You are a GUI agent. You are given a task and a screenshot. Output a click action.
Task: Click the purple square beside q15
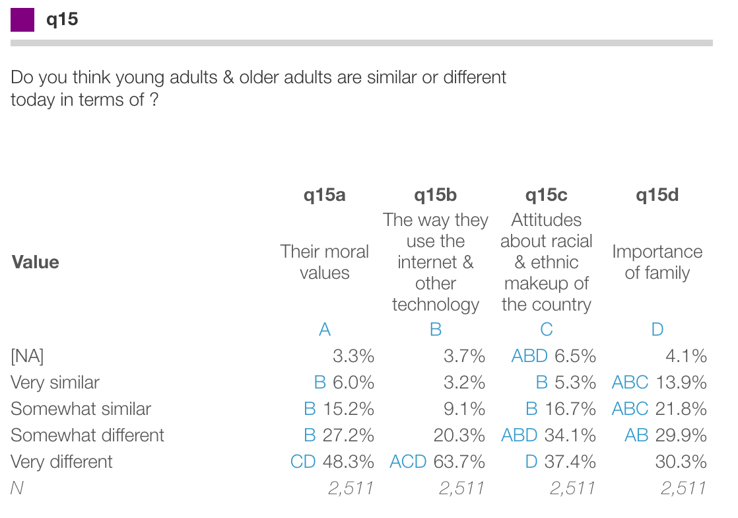click(22, 20)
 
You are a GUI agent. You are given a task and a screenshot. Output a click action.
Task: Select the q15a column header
click(324, 195)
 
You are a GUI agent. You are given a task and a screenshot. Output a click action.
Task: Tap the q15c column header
click(546, 195)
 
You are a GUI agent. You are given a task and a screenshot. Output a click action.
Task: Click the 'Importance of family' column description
click(657, 262)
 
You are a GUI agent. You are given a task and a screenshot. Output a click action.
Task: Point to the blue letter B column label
click(436, 330)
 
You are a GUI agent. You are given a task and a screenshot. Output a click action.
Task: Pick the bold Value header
click(36, 262)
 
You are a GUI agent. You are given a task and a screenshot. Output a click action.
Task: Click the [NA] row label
click(27, 356)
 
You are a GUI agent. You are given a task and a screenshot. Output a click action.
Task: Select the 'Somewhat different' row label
click(87, 435)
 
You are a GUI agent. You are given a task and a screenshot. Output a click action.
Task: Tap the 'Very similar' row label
click(55, 383)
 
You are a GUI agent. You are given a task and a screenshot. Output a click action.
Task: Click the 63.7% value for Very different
click(459, 462)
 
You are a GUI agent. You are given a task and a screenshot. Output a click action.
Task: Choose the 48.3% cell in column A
click(349, 462)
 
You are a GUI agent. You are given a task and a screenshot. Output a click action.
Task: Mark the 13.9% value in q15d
click(681, 383)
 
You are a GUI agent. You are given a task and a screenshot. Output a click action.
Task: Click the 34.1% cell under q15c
click(570, 435)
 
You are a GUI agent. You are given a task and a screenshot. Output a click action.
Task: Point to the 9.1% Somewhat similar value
click(465, 409)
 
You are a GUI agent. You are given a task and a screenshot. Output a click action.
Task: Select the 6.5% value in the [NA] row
click(576, 356)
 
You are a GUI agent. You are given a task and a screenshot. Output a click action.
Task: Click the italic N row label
click(17, 488)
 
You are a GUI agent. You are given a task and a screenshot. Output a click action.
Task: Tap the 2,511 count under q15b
click(461, 488)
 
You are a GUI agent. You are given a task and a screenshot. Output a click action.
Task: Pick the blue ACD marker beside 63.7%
click(408, 462)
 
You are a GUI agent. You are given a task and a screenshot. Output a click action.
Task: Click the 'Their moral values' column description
click(324, 262)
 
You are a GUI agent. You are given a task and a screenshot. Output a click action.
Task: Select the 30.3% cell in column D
click(681, 462)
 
